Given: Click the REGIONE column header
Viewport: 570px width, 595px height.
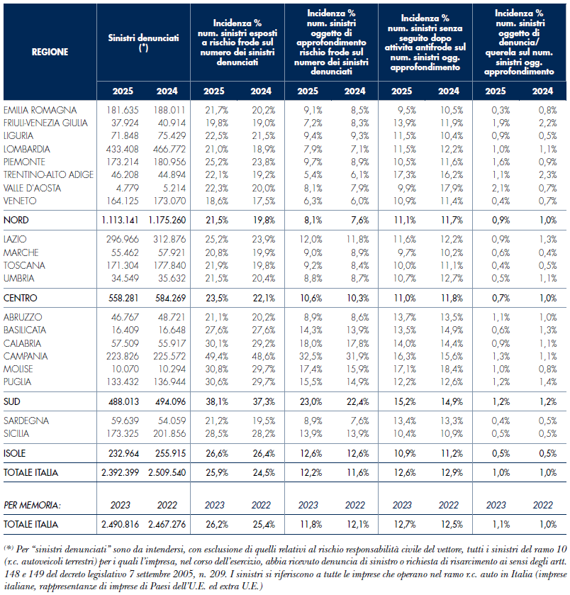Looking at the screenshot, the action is (x=50, y=52).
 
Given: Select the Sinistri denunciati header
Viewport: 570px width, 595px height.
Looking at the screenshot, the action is (x=143, y=43).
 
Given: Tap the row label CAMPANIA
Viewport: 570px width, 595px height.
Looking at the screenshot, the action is (x=26, y=356).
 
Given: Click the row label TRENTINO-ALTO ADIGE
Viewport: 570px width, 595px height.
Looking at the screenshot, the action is (x=48, y=174).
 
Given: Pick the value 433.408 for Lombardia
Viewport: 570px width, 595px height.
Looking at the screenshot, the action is (x=123, y=149).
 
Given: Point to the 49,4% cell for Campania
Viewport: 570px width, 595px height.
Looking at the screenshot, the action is (x=216, y=356).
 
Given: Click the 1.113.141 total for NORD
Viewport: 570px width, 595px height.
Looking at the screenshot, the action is (x=120, y=220).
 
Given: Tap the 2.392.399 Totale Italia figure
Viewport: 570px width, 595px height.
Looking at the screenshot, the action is (x=120, y=472).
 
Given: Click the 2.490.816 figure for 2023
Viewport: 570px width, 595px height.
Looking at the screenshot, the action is (x=120, y=524).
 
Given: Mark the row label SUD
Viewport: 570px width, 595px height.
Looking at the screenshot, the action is (x=12, y=401).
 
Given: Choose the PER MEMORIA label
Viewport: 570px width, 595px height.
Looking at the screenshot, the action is (x=32, y=505).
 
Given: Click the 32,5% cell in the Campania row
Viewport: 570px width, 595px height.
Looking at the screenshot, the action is (x=311, y=356).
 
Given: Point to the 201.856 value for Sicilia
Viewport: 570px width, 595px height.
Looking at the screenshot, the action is (x=169, y=433).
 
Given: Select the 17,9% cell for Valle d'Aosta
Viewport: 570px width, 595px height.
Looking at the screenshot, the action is (x=452, y=188).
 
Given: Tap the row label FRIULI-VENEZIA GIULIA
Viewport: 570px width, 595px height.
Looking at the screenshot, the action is (x=45, y=123).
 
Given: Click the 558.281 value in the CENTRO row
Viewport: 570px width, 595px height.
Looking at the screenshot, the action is (x=123, y=298).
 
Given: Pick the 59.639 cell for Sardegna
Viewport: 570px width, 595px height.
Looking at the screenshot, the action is (x=125, y=421).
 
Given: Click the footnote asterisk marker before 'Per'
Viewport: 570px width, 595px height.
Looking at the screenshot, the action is (x=9, y=547).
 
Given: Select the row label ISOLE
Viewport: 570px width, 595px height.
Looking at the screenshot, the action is (x=14, y=453).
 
